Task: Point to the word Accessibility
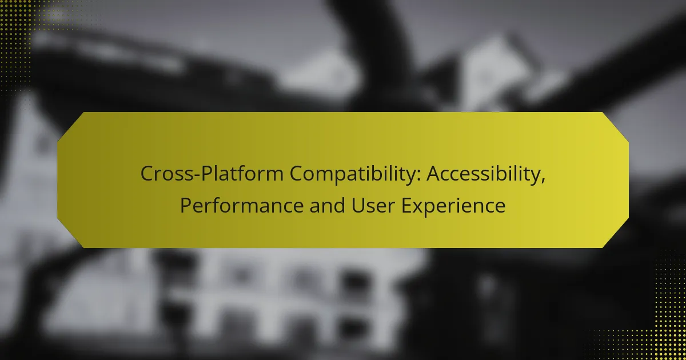coord(486,174)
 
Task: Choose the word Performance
coord(242,206)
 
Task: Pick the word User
coord(373,205)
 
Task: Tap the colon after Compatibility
coord(419,176)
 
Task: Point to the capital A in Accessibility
coord(434,174)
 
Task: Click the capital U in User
coord(358,205)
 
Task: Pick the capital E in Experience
coord(406,205)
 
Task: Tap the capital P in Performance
coord(186,205)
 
